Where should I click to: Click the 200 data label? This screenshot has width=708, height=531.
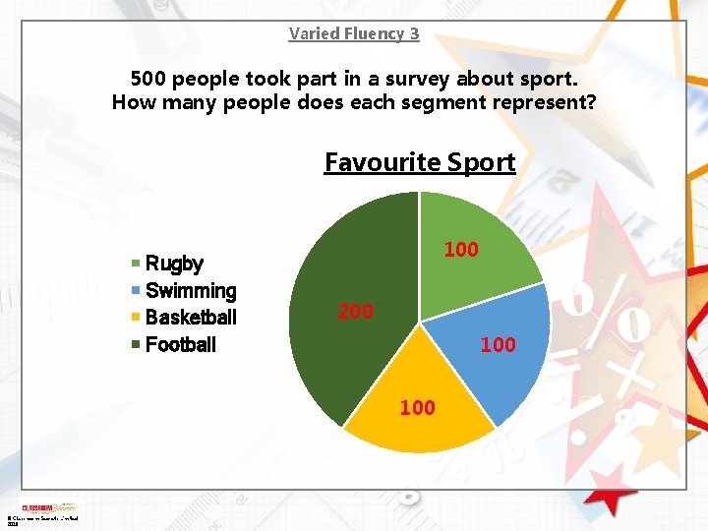(355, 312)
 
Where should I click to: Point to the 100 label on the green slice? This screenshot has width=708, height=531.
(460, 250)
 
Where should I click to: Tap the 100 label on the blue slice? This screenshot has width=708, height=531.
(498, 344)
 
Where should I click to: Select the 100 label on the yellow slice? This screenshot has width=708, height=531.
(417, 407)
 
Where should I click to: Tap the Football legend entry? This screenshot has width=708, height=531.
(180, 344)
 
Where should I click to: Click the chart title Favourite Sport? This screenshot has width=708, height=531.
(420, 161)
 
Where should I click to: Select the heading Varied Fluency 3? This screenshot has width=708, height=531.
(354, 33)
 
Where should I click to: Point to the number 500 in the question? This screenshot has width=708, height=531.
(150, 78)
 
